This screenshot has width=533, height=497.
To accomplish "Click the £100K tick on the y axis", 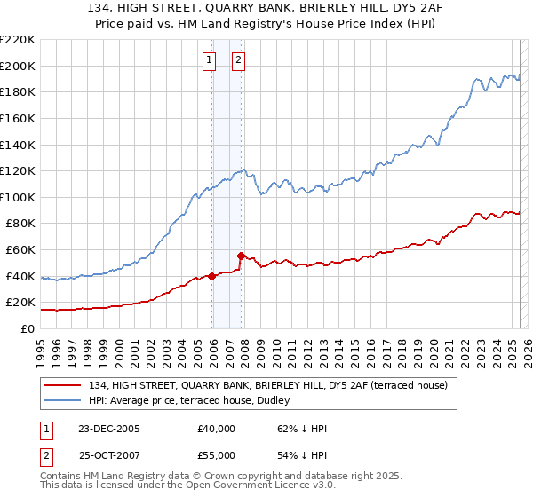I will [18, 197].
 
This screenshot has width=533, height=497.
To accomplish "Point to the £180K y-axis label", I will [18, 91].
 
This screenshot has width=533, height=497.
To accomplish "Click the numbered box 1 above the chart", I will [209, 60].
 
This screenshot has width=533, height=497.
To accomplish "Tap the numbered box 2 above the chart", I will [239, 60].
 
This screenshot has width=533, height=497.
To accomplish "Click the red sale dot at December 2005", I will [212, 276].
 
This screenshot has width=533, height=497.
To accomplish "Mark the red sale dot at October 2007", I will [241, 256].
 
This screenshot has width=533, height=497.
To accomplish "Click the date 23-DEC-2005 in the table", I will [109, 429].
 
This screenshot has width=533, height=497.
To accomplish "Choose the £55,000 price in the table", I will [216, 454].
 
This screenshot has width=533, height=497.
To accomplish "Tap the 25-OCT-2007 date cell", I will [109, 454].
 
